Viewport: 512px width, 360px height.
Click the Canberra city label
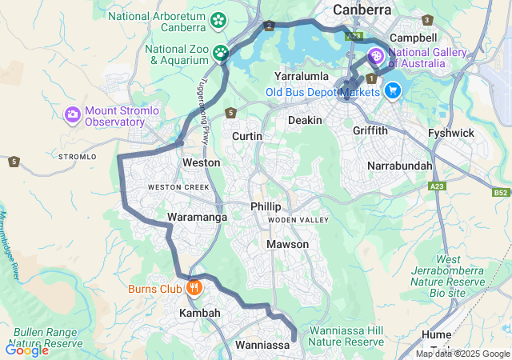pos(362,10)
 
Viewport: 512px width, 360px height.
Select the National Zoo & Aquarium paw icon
pos(220,54)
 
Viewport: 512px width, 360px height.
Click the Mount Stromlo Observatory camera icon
pos(73,115)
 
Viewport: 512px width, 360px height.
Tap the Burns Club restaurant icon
pos(193,288)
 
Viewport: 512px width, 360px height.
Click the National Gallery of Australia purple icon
pos(376,57)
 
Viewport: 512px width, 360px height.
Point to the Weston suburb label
pos(201,162)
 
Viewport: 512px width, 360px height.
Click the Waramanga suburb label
pos(197,217)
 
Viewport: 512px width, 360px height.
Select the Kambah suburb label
pos(199,313)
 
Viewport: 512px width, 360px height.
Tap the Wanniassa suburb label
pos(262,346)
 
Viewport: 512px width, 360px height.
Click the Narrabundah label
pos(399,166)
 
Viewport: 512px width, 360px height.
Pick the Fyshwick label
pos(451,133)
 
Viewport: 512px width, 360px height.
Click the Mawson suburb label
pos(287,244)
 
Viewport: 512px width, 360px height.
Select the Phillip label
pos(266,206)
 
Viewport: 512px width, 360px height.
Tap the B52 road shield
pos(501,193)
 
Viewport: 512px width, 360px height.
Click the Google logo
pos(26,350)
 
